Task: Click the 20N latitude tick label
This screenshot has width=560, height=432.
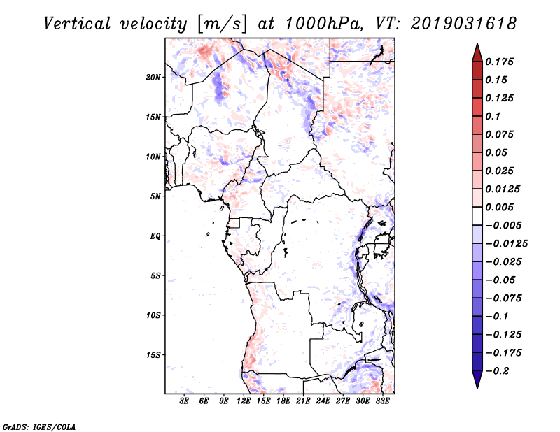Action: pyautogui.click(x=153, y=77)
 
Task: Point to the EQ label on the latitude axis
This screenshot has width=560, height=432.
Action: pyautogui.click(x=155, y=236)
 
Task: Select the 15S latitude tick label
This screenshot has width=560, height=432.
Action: pyautogui.click(x=153, y=355)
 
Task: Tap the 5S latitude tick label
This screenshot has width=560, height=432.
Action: pyautogui.click(x=155, y=276)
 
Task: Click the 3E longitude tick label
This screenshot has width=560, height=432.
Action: pyautogui.click(x=185, y=402)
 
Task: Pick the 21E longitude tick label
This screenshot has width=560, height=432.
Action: pyautogui.click(x=304, y=402)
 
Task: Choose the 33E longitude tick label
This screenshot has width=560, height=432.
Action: pyautogui.click(x=383, y=402)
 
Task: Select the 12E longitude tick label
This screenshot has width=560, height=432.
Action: pyautogui.click(x=244, y=402)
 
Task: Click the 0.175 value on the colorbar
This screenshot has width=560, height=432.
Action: pyautogui.click(x=500, y=62)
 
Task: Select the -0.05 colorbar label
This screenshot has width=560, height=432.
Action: pyautogui.click(x=500, y=280)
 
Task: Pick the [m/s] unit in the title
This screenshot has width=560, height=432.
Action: pyautogui.click(x=223, y=23)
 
